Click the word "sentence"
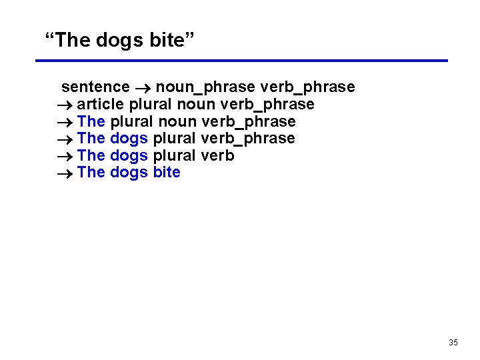click(x=95, y=87)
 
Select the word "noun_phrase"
click(x=205, y=87)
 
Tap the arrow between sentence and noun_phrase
click(x=143, y=87)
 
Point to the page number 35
click(x=453, y=343)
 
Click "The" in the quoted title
click(x=73, y=41)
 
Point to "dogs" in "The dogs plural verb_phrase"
click(x=129, y=139)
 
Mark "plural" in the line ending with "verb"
click(x=175, y=156)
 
